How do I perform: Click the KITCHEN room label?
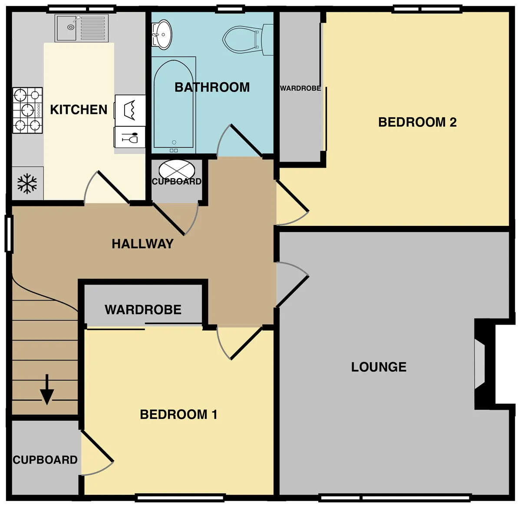79,109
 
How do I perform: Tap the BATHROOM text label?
212,87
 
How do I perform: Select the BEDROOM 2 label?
417,122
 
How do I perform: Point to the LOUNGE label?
379,367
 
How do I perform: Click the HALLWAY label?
142,244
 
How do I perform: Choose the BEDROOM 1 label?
178,414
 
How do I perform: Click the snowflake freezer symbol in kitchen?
27,184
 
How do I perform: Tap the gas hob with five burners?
28,110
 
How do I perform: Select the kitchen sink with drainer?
82,28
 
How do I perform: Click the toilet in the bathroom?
247,40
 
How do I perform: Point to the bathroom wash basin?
162,35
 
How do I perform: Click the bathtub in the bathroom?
174,105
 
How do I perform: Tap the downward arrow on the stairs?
47,390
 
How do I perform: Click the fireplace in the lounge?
485,364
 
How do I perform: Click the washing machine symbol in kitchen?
130,110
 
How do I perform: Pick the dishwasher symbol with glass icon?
129,137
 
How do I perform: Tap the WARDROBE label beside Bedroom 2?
300,88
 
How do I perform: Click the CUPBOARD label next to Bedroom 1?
45,460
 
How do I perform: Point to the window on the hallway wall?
9,234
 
